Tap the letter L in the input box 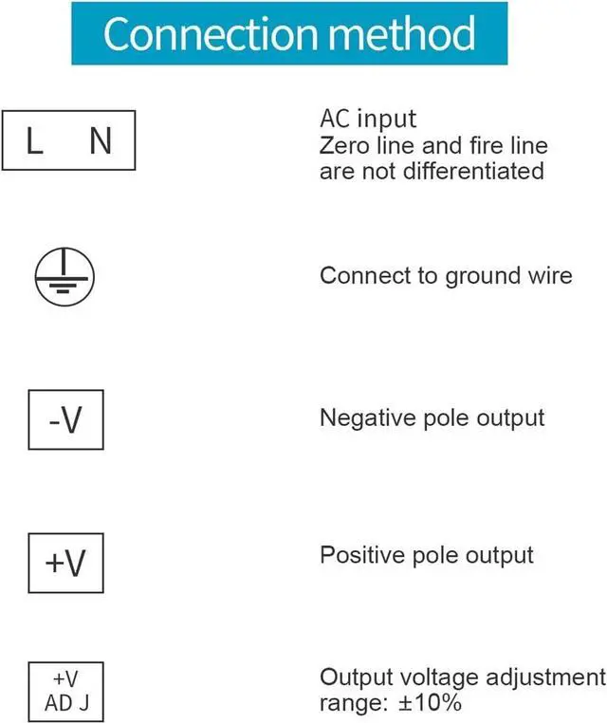pyautogui.click(x=34, y=142)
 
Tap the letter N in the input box pyautogui.click(x=100, y=142)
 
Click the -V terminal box pyautogui.click(x=65, y=418)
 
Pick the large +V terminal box pyautogui.click(x=65, y=564)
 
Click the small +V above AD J pyautogui.click(x=65, y=679)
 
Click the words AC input pyautogui.click(x=368, y=120)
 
